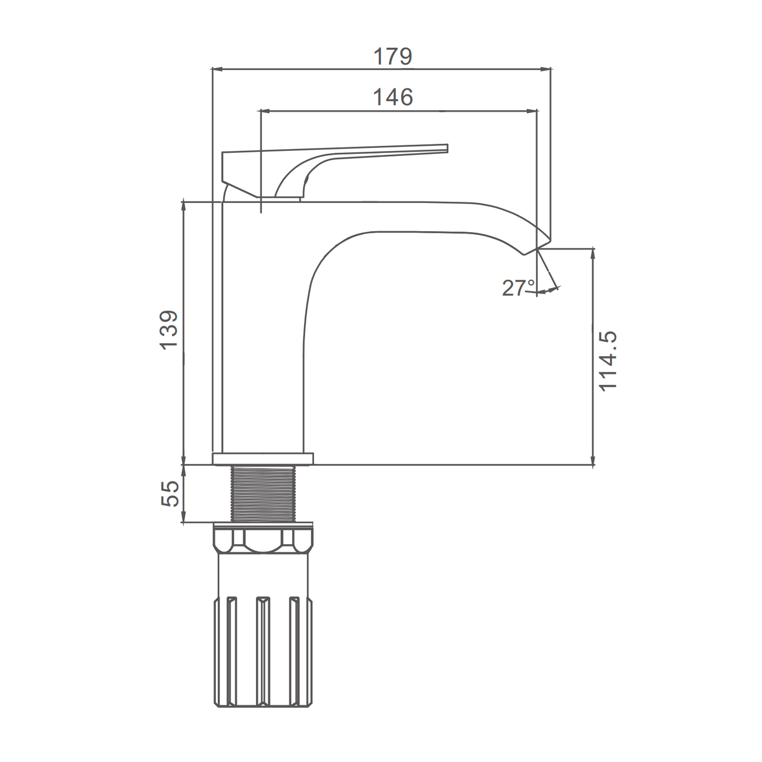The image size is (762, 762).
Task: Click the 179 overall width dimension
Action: pos(393,56)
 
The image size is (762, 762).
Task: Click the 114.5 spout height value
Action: pos(608,360)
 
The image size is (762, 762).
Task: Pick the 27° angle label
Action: pos(519,288)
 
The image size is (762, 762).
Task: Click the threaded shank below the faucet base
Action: pos(263,494)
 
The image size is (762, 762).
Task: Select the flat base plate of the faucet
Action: pos(263,459)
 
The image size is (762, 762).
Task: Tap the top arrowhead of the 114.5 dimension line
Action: pos(593,255)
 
